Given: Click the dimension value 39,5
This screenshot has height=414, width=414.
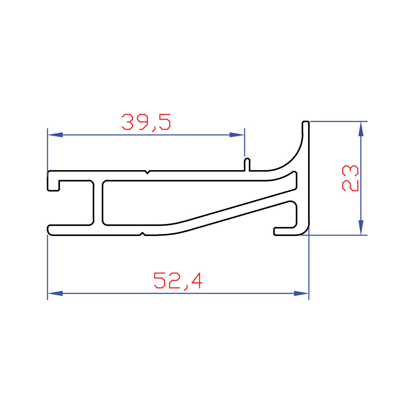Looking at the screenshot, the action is pos(146,122).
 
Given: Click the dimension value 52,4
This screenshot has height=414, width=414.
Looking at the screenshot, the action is pos(178,280).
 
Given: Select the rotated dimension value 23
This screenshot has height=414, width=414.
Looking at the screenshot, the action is pos(350,178).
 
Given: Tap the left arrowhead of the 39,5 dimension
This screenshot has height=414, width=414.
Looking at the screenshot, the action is pos(55,135).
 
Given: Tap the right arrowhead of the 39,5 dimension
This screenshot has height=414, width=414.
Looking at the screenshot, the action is pos(237,135).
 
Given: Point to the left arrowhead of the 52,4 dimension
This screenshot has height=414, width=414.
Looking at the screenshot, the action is pos(55,293).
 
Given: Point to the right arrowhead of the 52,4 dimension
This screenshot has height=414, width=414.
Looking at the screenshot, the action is pos(301,293).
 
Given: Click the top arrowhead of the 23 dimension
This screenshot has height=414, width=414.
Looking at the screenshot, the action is pos(361,129).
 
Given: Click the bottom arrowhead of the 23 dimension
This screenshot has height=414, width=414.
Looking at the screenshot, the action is pos(361,228).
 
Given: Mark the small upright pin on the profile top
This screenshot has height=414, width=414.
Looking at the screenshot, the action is pos(247,164).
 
